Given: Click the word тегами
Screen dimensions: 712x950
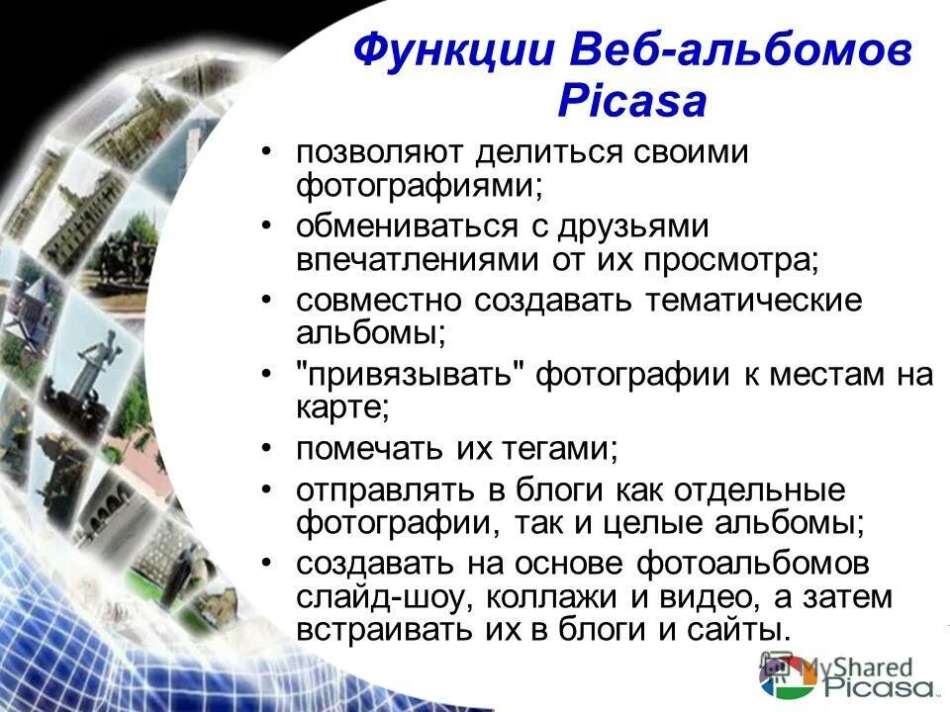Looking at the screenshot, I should tap(558, 449).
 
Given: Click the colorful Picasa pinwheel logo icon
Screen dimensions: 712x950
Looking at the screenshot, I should tap(775, 679).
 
